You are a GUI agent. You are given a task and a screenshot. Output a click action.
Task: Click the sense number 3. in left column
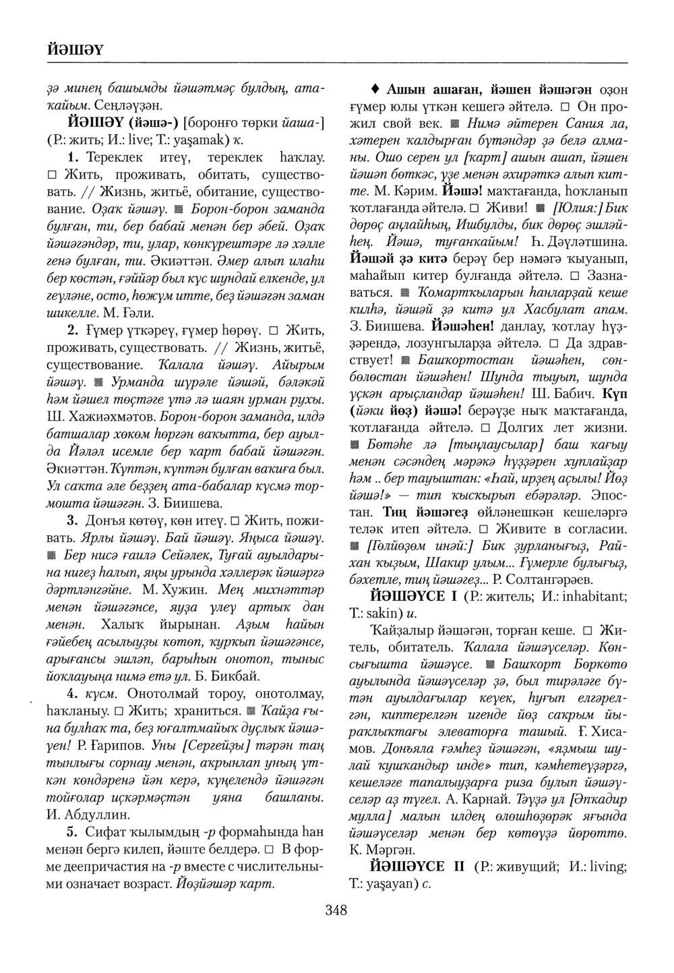click(74, 521)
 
